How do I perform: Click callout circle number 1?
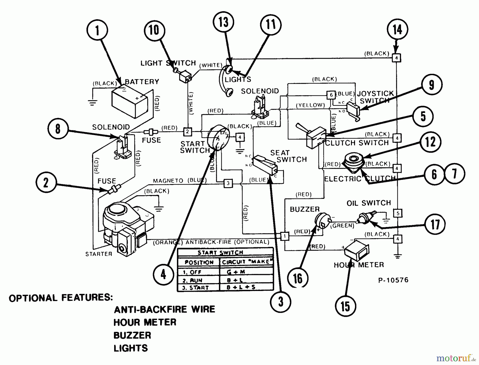pos(97,30)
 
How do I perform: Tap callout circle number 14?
pos(397,29)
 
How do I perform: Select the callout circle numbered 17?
pos(435,224)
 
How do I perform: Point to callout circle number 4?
pos(163,274)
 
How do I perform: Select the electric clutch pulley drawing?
pos(353,161)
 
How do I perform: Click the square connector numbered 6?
pos(331,95)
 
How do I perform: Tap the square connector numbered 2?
pos(188,132)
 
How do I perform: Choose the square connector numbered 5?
pos(398,213)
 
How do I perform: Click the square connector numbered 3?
pos(228,183)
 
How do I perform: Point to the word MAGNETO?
pos(168,181)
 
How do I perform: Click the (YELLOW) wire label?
pos(310,105)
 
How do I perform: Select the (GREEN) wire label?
pos(342,226)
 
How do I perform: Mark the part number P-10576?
pos(393,280)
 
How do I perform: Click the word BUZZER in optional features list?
pos(132,335)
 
